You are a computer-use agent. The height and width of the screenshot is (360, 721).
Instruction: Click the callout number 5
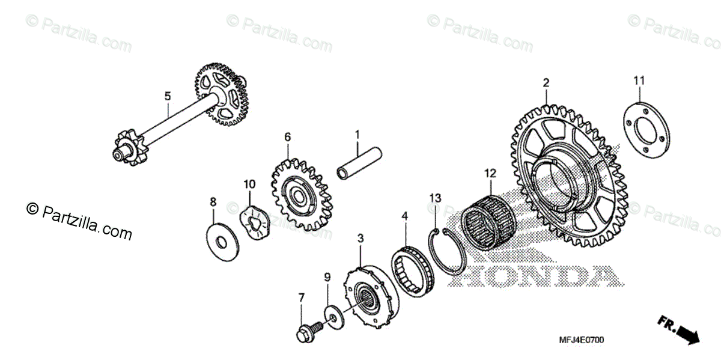[168, 96]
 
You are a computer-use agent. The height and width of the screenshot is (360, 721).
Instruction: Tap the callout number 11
[639, 81]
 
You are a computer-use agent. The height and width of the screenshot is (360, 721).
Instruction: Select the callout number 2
[546, 82]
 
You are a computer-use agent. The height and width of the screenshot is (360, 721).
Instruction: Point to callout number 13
[435, 198]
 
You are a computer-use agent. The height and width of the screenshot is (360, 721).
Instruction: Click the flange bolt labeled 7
[305, 332]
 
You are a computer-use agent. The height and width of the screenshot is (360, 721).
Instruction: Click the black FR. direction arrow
[680, 329]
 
